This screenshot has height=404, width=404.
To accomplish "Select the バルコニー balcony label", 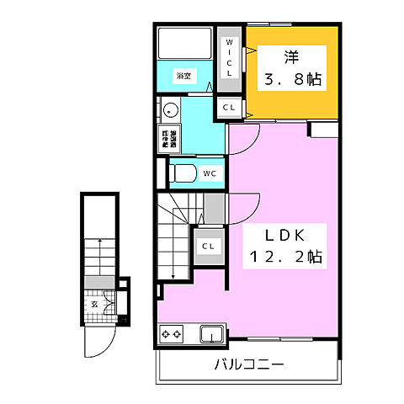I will pyautogui.click(x=248, y=365).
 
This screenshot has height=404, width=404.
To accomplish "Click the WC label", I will pyautogui.click(x=209, y=174).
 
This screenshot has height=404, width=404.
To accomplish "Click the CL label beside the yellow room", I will pyautogui.click(x=228, y=108).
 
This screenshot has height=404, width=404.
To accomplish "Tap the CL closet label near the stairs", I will pyautogui.click(x=208, y=247).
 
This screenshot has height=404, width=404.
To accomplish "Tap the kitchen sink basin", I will pyautogui.click(x=210, y=336).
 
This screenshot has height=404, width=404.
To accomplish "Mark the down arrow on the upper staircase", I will pyautogui.click(x=173, y=274).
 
